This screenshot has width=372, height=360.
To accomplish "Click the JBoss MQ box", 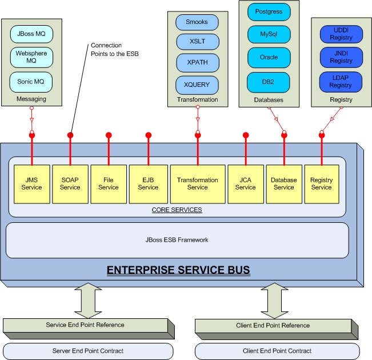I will pos(31,34).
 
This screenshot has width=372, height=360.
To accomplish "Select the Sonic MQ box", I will pos(31,82).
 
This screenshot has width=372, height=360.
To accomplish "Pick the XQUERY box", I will pos(197,85).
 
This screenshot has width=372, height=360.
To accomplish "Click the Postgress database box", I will pos(269,11).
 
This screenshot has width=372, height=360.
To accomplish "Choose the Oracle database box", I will pos(269,57).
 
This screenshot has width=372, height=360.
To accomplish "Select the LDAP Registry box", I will pos(341,82).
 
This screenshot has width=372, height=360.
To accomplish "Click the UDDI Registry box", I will pos(341,34).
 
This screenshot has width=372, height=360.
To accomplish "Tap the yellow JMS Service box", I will pos(31,183).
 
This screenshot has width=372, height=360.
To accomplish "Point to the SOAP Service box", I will pos(70,183).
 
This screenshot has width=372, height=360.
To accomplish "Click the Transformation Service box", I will pos(197,183).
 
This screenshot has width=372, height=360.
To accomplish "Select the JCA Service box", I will pos(245,183).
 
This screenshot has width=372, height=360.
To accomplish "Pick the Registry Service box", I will pos(321,183).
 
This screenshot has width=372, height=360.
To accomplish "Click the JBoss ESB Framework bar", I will pos(177,240).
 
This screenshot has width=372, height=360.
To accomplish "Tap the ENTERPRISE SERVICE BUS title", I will pos(181,270).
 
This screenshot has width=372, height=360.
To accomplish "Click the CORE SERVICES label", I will pos(177,210).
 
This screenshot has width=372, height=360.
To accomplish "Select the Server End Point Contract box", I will pos(88,350).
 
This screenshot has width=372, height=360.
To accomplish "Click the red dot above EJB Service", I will pos(148,135).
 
